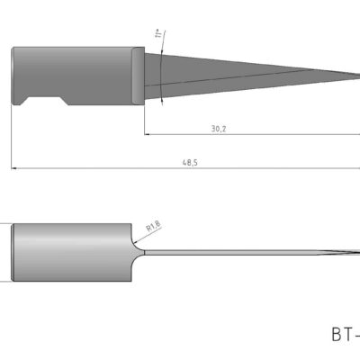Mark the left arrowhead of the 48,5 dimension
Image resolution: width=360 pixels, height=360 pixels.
(x=14, y=166)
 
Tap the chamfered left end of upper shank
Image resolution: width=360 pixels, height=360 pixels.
(x=14, y=76)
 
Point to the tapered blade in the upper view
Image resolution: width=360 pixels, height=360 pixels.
(x=252, y=72)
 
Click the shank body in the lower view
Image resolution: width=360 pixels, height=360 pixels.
(x=72, y=252)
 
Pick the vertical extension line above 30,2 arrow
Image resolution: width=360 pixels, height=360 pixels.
(x=144, y=117)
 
